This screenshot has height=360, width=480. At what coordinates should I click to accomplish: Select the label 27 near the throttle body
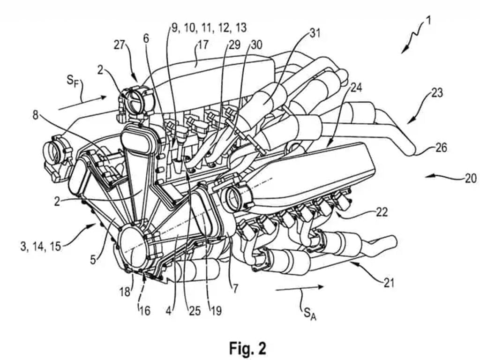(x=120, y=45)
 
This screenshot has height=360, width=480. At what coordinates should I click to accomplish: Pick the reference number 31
(x=315, y=33)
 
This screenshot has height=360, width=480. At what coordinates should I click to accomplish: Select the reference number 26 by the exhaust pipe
(x=441, y=149)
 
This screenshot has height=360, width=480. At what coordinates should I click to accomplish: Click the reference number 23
(x=436, y=93)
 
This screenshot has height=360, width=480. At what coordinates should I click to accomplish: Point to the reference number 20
(x=470, y=178)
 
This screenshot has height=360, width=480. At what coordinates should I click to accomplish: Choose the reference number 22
(x=382, y=212)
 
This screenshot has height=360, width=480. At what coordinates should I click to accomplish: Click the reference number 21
(x=389, y=283)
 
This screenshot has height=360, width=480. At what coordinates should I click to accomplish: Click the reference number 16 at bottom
(x=144, y=310)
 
